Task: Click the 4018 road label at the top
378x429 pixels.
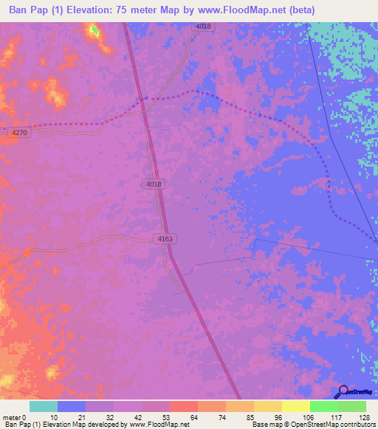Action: [x=203, y=27]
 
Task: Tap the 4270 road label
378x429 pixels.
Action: [x=20, y=132]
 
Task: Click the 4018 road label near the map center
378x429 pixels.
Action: [x=154, y=184]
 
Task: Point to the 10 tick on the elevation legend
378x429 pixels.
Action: [x=54, y=417]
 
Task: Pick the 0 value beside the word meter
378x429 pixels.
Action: [x=24, y=417]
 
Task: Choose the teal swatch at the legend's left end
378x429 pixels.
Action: [x=44, y=406]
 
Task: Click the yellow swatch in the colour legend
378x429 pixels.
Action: [x=295, y=406]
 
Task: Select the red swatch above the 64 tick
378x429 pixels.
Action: [x=183, y=406]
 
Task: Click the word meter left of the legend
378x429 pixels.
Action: [x=11, y=417]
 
